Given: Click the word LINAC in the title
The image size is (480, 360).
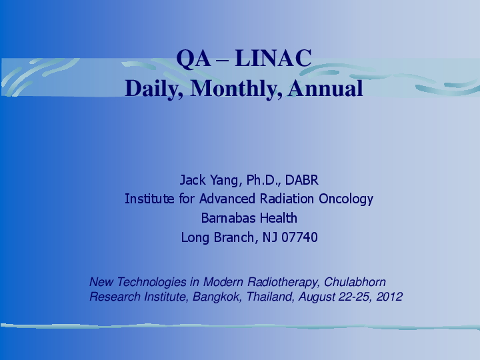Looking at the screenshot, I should (280, 59).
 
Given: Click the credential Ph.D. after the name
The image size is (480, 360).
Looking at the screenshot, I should (264, 180).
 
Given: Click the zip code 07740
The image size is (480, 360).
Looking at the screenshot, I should (299, 237).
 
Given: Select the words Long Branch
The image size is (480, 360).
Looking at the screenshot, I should (217, 237).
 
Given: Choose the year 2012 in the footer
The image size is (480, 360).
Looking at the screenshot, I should (389, 297).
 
